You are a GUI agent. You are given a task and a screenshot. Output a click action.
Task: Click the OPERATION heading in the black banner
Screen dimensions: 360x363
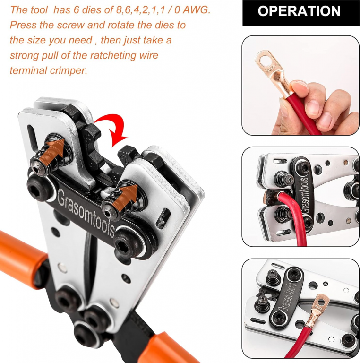pyautogui.click(x=299, y=11)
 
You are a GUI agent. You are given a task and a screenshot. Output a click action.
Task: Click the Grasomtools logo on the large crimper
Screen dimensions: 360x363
pyautogui.click(x=86, y=213)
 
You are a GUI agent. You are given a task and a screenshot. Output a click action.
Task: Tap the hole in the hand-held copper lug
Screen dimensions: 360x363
pyautogui.click(x=267, y=61)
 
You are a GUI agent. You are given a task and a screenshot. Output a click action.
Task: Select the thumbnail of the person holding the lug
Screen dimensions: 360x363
pyautogui.click(x=300, y=85)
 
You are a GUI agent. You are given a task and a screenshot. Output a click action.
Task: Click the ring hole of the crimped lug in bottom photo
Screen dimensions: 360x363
pyautogui.click(x=322, y=302)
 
